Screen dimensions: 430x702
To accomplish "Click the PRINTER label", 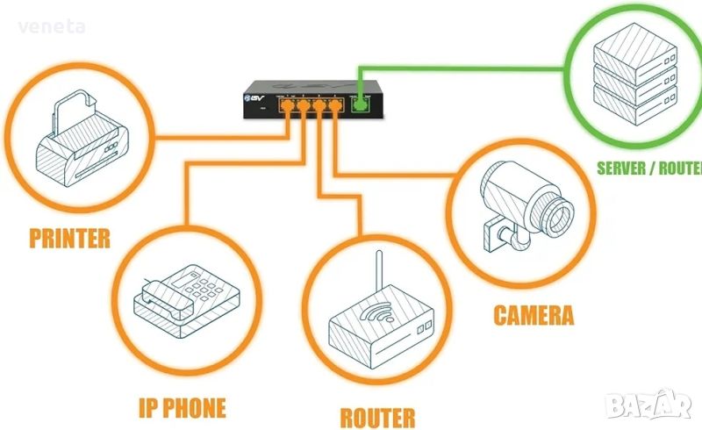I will (69, 237).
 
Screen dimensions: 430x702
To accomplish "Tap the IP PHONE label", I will (182, 407).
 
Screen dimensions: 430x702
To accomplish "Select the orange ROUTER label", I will (376, 417).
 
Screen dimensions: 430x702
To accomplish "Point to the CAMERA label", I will (534, 314).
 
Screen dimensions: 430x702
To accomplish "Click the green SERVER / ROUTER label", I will (647, 168).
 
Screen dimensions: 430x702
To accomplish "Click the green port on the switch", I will (359, 106).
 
